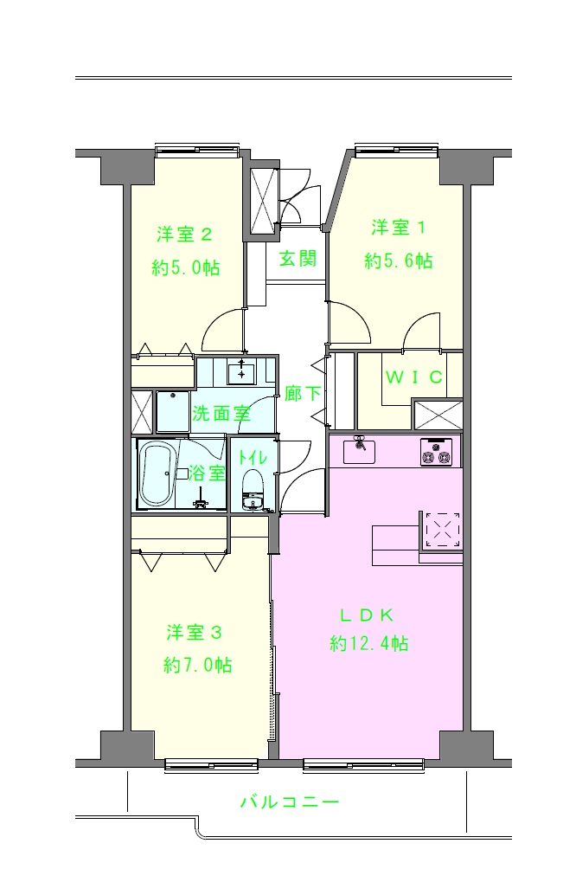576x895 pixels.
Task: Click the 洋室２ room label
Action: pos(185,234)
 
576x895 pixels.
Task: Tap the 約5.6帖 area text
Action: pos(399,261)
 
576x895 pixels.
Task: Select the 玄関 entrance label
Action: pos(298,259)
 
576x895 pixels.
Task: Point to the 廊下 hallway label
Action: pos(302,393)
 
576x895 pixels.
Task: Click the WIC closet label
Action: pos(414,377)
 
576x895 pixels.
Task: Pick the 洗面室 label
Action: pos(221,413)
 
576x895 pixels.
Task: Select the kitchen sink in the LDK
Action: pos(359,452)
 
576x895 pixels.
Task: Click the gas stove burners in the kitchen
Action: pos(437,452)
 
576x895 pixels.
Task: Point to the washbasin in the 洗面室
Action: pos(242,372)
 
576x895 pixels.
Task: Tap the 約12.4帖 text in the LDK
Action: pos(369,643)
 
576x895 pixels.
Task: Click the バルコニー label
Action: pos(290,802)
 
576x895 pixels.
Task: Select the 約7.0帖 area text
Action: pos(197,665)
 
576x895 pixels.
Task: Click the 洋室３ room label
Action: pos(194,633)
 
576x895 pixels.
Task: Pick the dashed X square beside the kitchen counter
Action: pos(443,530)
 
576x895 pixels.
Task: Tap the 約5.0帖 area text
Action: pos(186,267)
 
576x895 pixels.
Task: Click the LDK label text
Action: pos(367,615)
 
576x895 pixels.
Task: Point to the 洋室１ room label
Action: pos(399,227)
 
